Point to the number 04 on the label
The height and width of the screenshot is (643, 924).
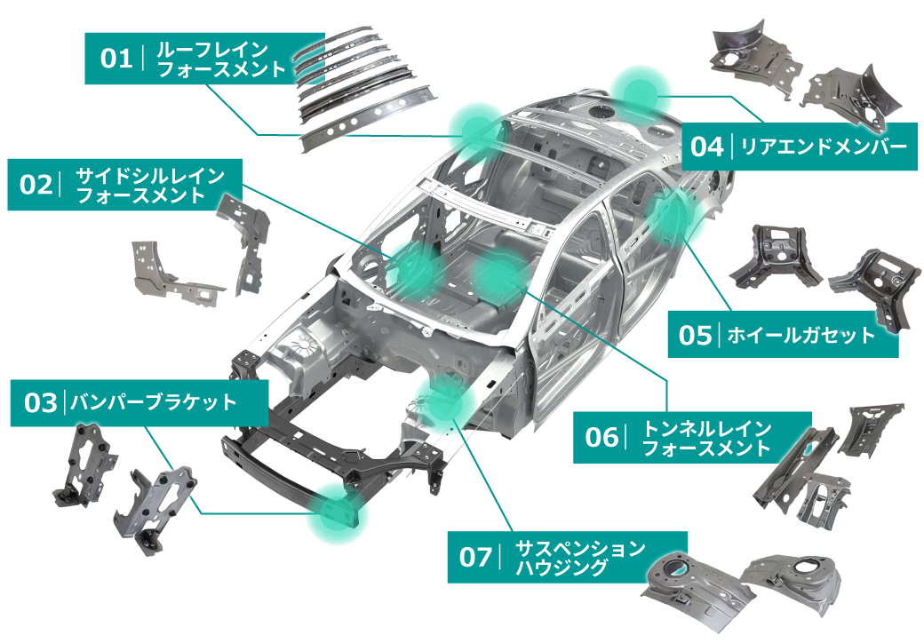(x=707, y=147)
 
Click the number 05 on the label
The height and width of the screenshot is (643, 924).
(x=696, y=335)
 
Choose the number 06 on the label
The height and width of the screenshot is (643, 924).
(x=601, y=437)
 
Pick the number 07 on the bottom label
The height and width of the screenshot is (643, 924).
(x=475, y=558)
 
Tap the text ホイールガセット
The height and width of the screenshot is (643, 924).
(x=801, y=335)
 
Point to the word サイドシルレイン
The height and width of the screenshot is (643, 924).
(x=149, y=175)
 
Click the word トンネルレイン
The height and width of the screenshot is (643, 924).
(x=706, y=428)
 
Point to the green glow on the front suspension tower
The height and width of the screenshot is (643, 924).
(x=446, y=395)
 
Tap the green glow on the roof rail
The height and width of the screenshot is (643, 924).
(x=477, y=130)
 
